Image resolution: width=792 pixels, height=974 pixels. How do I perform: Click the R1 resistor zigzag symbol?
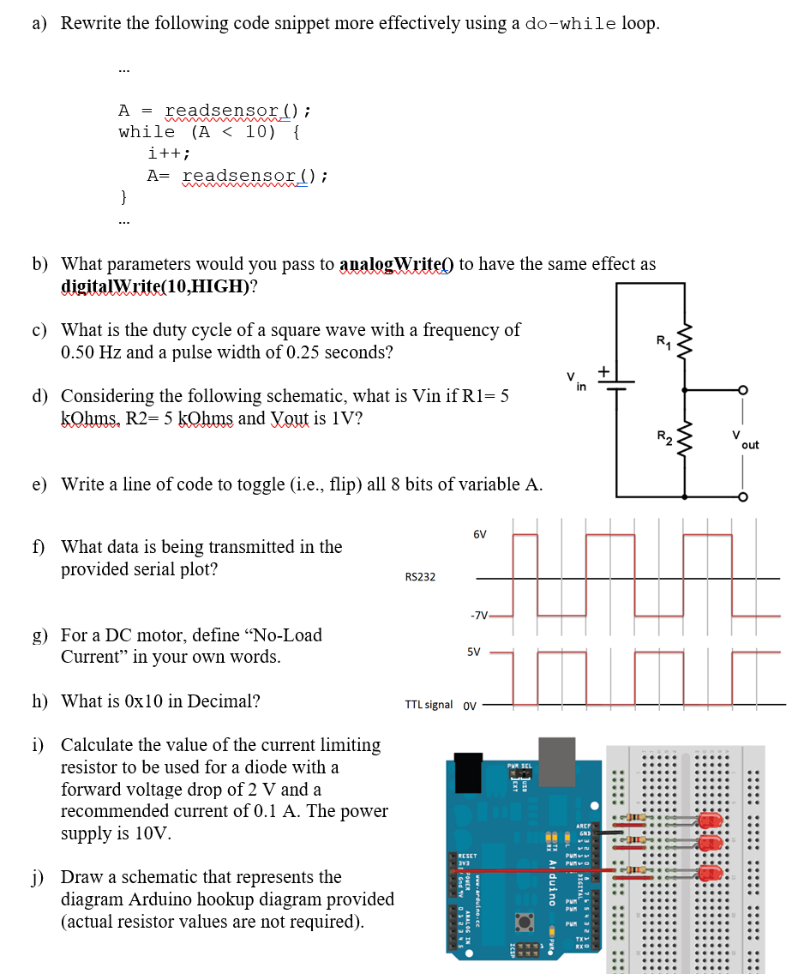685,342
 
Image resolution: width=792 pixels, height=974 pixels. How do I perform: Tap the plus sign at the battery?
603,370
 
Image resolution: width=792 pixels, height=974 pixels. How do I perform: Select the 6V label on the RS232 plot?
480,534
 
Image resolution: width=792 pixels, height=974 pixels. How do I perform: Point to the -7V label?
478,615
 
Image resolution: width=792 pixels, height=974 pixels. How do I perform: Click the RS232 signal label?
420,577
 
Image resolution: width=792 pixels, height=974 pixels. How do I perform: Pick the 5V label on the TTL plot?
474,652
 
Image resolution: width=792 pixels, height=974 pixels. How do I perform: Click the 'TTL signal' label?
429,705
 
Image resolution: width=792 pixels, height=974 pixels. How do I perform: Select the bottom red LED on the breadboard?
711,873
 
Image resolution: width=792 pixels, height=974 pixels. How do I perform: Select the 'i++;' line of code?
169,153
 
